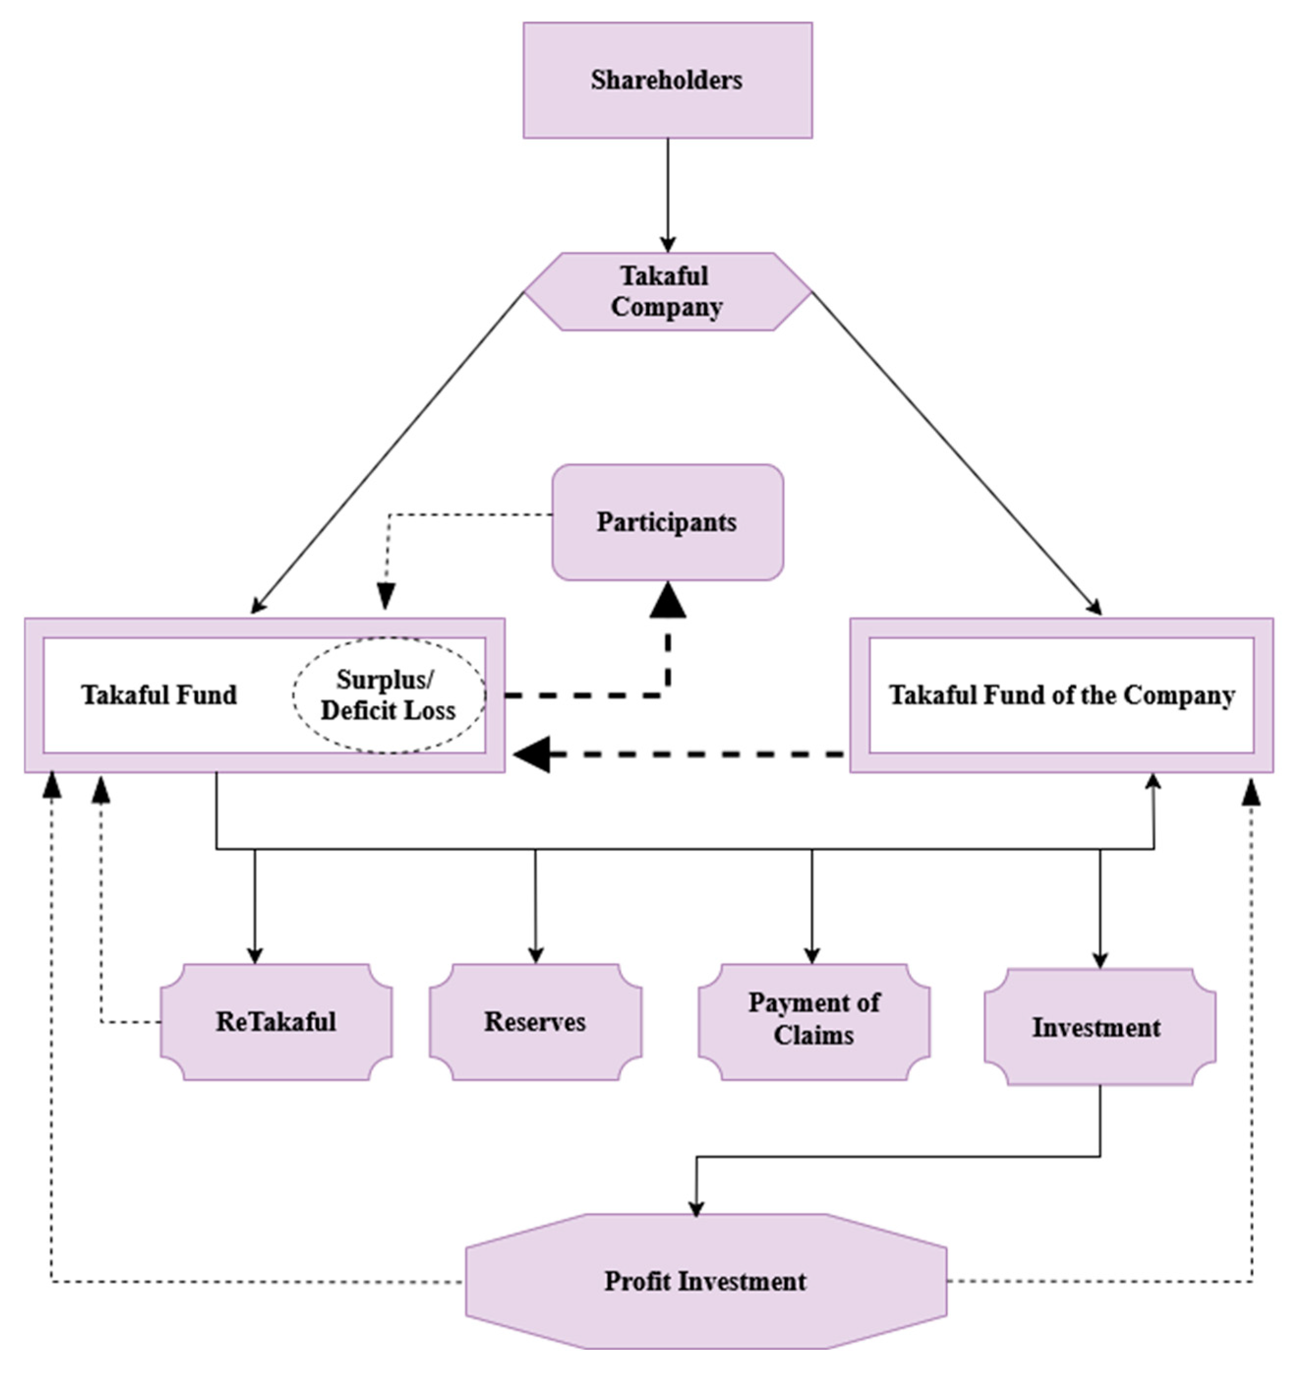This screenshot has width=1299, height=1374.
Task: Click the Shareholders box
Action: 667,80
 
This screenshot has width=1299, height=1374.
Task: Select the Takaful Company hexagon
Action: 667,292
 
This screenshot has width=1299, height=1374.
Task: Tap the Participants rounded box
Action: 667,522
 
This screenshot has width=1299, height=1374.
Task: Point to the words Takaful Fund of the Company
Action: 1062,695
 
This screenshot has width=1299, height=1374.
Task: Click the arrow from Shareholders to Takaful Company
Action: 667,195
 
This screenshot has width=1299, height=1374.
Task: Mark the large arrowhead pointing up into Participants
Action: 667,599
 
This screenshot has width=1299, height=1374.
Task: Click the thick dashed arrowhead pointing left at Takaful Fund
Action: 532,754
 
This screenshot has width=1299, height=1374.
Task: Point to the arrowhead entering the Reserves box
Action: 535,956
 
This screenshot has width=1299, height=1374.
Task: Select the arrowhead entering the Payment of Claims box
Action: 812,956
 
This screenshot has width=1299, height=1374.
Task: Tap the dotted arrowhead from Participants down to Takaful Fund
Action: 386,596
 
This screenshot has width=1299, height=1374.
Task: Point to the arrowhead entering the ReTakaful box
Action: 255,956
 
